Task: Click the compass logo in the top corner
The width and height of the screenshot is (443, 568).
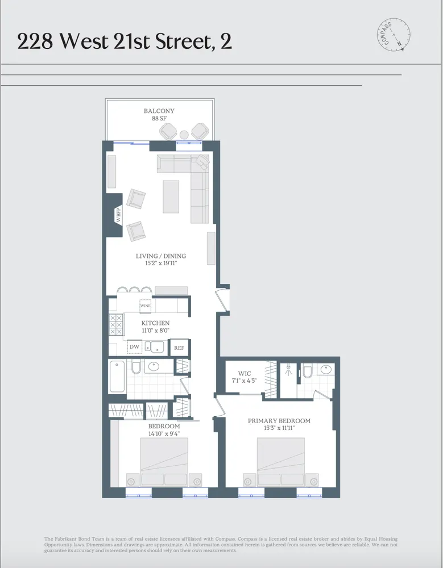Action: [393, 35]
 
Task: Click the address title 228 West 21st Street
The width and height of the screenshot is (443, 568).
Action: [124, 41]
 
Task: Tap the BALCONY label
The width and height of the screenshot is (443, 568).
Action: [159, 111]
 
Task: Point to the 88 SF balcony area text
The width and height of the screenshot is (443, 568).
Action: [159, 119]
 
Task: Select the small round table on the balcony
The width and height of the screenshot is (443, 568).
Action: [184, 135]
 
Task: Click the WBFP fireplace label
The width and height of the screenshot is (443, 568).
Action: [119, 216]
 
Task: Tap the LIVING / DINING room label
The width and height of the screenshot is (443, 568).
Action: [161, 256]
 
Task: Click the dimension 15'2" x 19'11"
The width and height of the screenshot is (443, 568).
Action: [161, 264]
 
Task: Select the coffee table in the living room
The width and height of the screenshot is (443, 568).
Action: [171, 196]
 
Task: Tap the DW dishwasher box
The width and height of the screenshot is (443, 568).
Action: [134, 347]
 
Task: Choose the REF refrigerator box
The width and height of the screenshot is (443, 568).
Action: [179, 348]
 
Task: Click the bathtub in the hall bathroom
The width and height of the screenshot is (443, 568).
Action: [117, 376]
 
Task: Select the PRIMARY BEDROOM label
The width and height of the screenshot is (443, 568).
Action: [279, 421]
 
